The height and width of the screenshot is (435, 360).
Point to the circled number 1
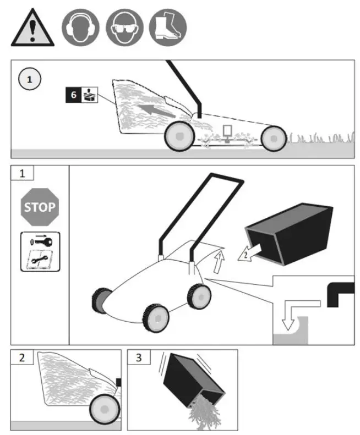coord(30,79)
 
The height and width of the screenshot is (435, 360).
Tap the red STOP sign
coord(39,207)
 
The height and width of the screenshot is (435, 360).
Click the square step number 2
coord(22,358)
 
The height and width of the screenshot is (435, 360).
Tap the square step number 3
coord(139,358)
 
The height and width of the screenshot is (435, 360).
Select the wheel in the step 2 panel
coord(104,409)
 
